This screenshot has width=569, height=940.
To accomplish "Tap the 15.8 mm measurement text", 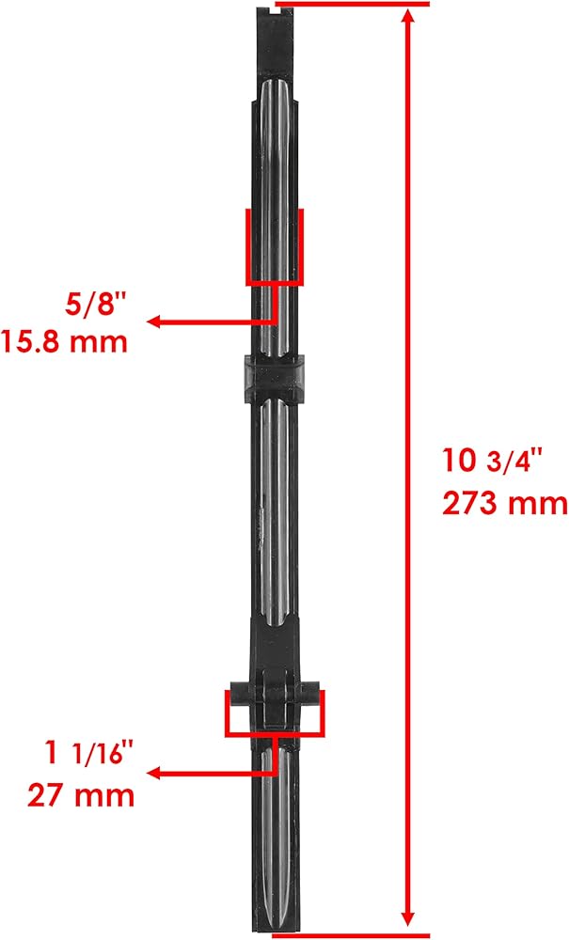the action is pos(64,342).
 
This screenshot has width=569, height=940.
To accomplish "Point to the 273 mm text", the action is pos(505,503).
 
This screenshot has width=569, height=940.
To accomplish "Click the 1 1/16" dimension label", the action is pos(87,754).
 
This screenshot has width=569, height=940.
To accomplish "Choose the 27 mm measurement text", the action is pos(81,795).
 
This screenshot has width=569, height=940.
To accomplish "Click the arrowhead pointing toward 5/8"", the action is pos(154,321).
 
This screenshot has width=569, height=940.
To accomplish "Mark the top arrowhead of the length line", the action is pos(408,17).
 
